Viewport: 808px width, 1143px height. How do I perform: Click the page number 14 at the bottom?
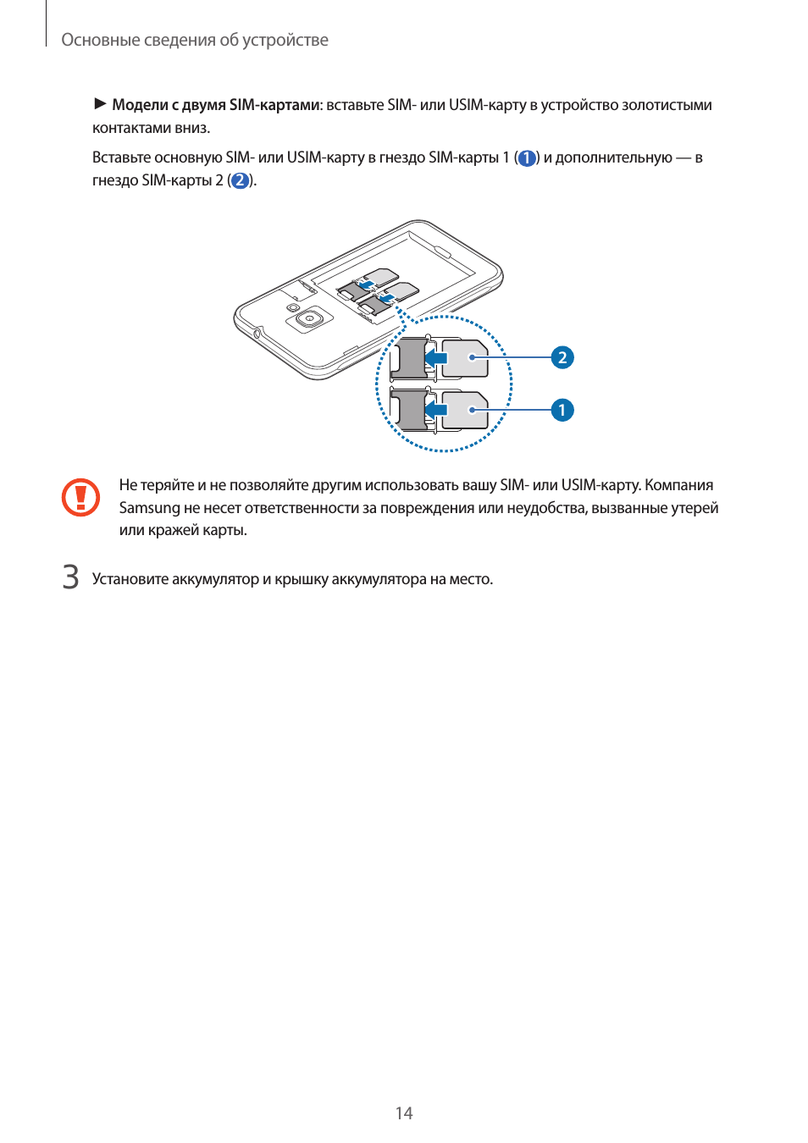point(404,1113)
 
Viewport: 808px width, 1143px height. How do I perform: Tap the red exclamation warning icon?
point(80,498)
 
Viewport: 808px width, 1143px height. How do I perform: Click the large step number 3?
point(71,577)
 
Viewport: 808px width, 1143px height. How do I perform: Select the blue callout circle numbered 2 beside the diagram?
point(562,357)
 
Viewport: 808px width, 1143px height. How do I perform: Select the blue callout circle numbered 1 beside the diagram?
point(562,410)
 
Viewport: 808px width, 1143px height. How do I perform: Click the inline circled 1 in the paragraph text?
point(526,158)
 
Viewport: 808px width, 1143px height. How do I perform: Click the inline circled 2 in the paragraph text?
point(241,180)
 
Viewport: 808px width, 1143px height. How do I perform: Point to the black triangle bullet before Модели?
point(100,104)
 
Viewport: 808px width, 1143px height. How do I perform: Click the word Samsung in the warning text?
point(149,508)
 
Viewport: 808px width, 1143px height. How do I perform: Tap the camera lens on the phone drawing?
point(310,319)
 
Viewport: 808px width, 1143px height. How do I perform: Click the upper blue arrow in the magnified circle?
point(436,358)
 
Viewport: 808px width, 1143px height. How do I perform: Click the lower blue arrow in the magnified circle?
point(436,411)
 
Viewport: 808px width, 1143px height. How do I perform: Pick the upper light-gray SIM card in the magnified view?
point(465,358)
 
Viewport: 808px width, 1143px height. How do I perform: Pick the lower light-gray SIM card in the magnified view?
point(465,411)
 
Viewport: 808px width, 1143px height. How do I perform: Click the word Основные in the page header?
point(96,40)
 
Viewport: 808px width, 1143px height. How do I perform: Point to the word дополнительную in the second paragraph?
point(613,157)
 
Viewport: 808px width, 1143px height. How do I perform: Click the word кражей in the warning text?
point(174,530)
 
